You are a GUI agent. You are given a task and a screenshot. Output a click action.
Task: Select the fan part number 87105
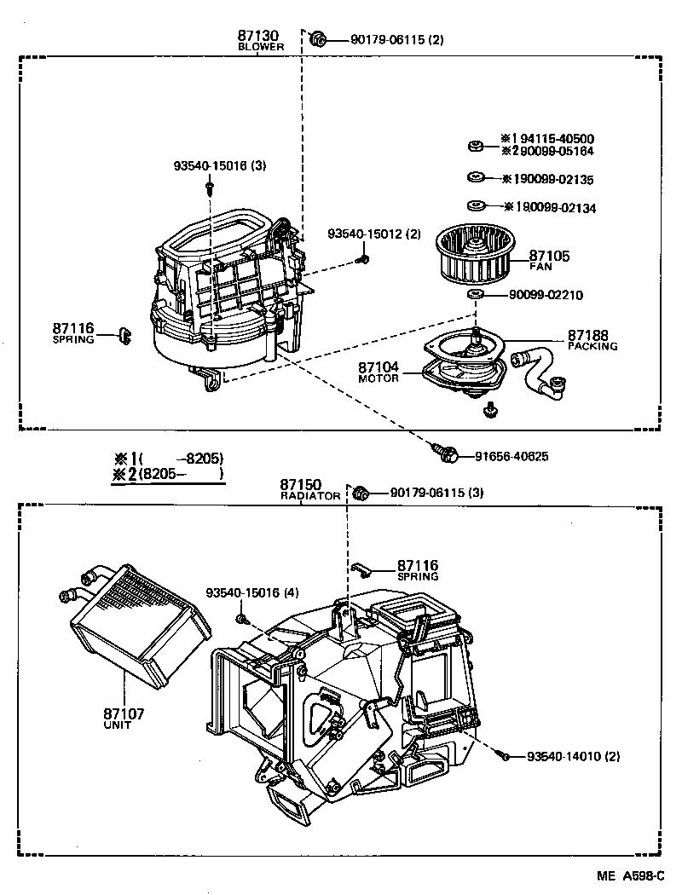549,256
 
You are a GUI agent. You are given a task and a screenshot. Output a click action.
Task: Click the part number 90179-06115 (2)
396,39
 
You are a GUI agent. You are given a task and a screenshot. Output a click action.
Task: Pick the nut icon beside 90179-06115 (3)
360,492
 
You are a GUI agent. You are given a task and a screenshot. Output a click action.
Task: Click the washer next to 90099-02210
476,295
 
